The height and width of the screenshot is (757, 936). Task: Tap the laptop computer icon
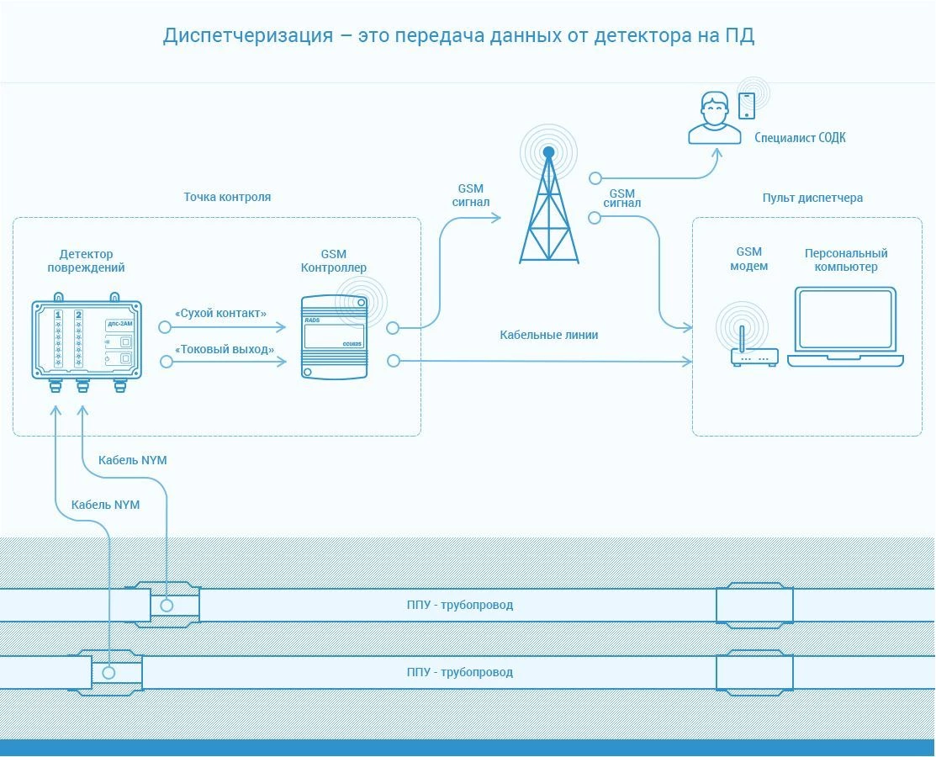click(845, 326)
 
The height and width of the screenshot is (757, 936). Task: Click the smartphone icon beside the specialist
click(747, 106)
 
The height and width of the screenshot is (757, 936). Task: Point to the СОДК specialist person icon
click(714, 119)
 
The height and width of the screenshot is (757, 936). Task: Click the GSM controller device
click(335, 336)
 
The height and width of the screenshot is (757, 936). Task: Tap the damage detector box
click(87, 342)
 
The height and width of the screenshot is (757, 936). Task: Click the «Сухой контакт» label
click(221, 314)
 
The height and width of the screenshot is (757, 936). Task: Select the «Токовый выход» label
click(225, 349)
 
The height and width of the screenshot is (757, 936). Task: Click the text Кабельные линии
click(548, 335)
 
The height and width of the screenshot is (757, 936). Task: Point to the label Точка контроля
click(227, 197)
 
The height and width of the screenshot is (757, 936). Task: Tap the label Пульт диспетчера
click(812, 199)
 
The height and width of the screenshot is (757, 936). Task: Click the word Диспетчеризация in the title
click(248, 36)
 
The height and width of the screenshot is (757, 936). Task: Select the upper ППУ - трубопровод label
click(460, 605)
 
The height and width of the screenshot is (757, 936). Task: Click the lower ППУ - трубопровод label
click(460, 672)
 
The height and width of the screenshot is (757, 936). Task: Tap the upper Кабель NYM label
click(133, 460)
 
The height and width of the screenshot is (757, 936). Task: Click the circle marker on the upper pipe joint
click(167, 606)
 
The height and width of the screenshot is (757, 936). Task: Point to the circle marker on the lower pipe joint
click(108, 673)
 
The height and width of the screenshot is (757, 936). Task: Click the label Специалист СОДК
click(800, 138)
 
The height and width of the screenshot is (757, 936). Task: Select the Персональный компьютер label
click(846, 260)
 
